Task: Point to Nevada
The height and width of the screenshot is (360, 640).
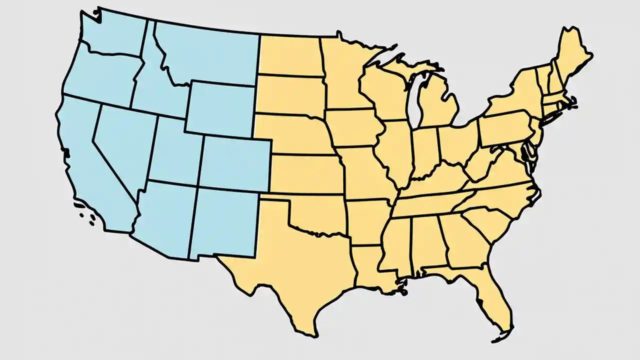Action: pos(122,140)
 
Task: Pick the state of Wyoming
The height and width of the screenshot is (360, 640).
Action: pos(220,110)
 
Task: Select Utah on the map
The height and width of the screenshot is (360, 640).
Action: pos(175,150)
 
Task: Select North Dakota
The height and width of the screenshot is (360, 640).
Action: pos(290,55)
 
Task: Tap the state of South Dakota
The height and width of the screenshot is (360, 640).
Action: pos(290,95)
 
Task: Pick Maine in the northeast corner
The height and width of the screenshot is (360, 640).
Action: pos(572,55)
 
